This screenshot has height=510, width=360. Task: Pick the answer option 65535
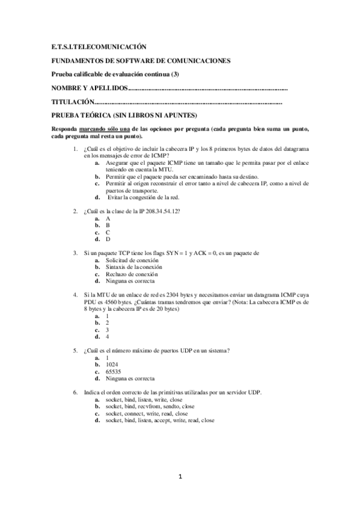tap(114, 372)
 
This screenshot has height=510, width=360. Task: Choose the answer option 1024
tap(112, 364)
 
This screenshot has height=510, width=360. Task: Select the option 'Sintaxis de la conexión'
tap(132, 266)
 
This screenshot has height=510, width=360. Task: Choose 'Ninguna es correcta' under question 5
tap(129, 379)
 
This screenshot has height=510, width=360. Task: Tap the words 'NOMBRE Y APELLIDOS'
tap(90, 88)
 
